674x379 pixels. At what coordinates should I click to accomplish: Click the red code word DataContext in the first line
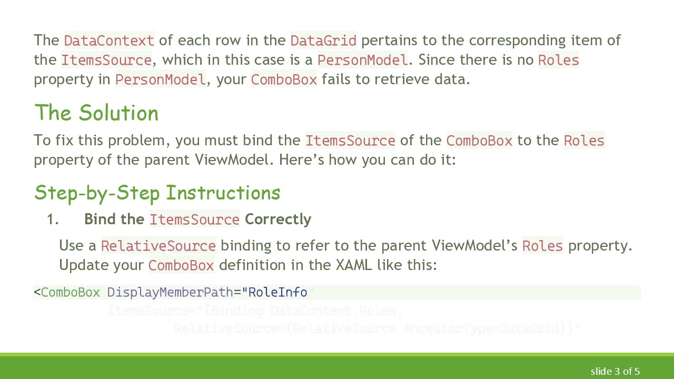click(x=109, y=41)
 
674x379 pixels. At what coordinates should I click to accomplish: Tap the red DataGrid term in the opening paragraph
click(x=323, y=41)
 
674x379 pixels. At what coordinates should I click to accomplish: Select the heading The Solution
click(x=96, y=113)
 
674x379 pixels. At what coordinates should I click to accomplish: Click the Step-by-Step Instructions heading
click(x=157, y=193)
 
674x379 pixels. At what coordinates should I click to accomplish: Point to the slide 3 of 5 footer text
click(x=615, y=372)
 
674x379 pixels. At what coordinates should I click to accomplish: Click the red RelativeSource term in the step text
click(x=158, y=246)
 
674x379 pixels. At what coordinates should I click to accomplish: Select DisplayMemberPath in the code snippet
click(x=170, y=292)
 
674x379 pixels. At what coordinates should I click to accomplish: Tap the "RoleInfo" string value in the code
click(x=277, y=292)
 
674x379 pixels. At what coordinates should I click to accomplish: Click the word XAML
click(x=354, y=265)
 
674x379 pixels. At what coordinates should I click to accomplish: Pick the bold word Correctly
click(x=278, y=219)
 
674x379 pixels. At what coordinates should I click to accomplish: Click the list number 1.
click(x=52, y=220)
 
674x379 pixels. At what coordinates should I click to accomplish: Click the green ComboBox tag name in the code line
click(x=70, y=292)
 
